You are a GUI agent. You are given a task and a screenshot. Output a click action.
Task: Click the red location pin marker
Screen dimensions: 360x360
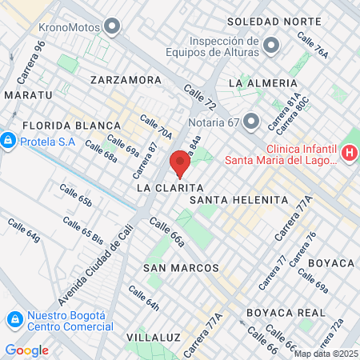(x=180, y=162)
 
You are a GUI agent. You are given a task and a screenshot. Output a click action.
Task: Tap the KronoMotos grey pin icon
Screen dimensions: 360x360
(x=112, y=28)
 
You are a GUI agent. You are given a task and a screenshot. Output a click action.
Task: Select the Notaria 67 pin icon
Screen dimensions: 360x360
(x=252, y=122)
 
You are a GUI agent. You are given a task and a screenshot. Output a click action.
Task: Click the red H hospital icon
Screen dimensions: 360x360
(x=349, y=152)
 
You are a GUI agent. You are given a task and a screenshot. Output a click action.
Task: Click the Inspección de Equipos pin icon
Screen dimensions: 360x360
(x=271, y=45)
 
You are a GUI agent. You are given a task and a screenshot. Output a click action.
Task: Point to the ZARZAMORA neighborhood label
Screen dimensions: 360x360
(x=126, y=80)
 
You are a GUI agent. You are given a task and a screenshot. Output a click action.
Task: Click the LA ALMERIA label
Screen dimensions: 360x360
(x=258, y=82)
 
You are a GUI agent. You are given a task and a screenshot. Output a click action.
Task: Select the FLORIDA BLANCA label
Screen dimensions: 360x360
(x=71, y=126)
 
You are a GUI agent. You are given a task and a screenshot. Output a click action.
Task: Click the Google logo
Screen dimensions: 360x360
(x=26, y=350)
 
